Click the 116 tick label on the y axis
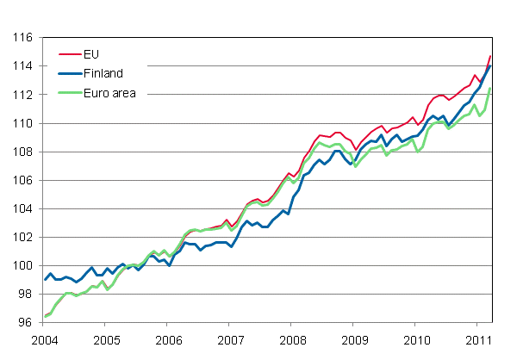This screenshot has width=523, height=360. click(23, 38)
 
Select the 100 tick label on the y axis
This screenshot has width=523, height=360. click(23, 266)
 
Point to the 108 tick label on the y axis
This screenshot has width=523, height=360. click(23, 152)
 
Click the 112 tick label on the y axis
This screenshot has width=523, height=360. click(23, 95)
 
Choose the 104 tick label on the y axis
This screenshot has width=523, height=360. click(23, 209)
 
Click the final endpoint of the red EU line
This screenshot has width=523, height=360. click(491, 56)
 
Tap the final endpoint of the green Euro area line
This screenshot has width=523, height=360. click(491, 89)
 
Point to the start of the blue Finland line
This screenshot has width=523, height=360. click(45, 280)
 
